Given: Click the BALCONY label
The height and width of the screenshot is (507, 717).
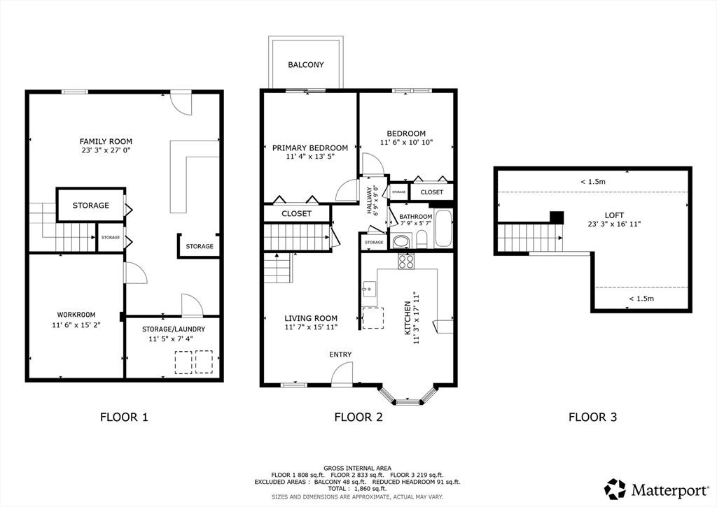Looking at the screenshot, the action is point(306,65).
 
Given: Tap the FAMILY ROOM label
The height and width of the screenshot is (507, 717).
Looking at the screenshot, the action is point(106,141).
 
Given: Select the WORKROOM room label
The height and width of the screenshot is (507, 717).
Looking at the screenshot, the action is point(76,315).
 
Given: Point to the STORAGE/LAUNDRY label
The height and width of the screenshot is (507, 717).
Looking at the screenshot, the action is point(174,329).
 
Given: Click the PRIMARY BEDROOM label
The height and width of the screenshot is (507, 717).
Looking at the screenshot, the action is point(310,148).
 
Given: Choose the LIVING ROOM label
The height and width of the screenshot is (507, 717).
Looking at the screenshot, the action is point(311,318).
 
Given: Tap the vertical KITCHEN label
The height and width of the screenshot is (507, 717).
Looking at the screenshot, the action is point(408,318).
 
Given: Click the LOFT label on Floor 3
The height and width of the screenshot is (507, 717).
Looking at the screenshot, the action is point(614,215).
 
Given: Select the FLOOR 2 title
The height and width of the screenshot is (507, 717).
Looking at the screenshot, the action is point(358,417).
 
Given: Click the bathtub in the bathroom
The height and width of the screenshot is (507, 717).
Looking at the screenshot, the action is point(443,229).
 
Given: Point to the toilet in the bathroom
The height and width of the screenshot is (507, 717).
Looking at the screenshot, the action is point(422,239).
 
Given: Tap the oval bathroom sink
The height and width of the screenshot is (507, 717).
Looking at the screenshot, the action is point(402,241).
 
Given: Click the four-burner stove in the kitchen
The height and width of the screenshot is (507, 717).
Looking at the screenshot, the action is point(406,261).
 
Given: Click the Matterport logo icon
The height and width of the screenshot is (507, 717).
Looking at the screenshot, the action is point(615,490).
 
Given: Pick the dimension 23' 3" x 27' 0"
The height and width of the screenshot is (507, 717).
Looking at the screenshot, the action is point(106,150).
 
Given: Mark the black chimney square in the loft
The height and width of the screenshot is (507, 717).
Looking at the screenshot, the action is point(557,217).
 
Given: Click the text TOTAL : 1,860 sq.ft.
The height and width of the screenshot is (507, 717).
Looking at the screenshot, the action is point(358,488).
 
